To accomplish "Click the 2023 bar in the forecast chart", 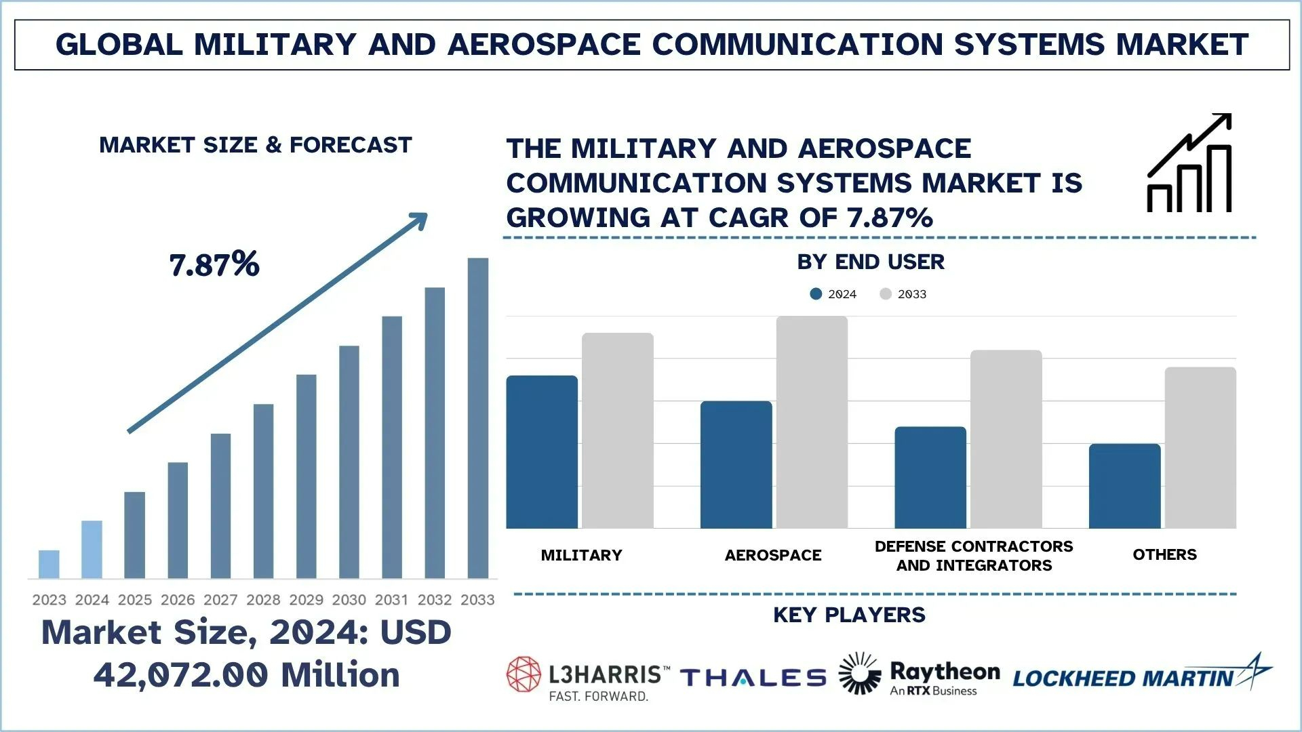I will [x=49, y=564].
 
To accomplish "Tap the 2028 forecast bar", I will [x=263, y=491].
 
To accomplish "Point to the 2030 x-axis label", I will [x=349, y=600].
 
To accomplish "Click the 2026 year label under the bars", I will [x=178, y=600].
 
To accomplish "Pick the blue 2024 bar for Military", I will [x=542, y=452].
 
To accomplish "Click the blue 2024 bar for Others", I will [x=1124, y=486].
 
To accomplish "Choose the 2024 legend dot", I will [x=816, y=294].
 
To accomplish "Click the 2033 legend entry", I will [x=903, y=294].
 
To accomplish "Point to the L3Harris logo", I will [x=588, y=678].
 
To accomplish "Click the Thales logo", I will [x=753, y=678].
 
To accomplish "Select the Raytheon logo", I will [x=919, y=675].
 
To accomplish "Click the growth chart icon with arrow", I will [x=1189, y=163].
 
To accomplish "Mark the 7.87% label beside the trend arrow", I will [x=214, y=264].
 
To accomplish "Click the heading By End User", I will [x=871, y=262].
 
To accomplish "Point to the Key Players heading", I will [x=849, y=615].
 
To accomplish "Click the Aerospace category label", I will [x=773, y=555].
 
